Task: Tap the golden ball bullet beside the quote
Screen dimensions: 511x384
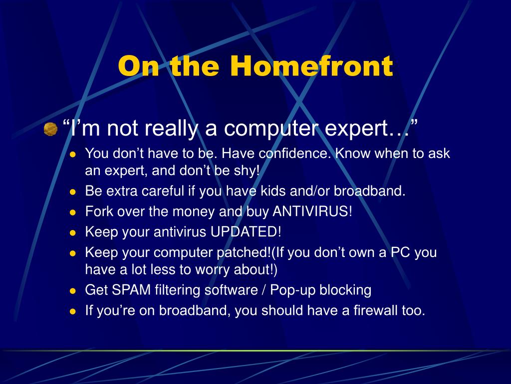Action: tap(50, 129)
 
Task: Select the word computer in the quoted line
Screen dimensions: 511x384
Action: tap(270, 128)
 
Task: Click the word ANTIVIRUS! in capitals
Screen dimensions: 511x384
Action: tap(312, 211)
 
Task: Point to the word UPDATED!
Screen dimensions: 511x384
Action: tap(246, 232)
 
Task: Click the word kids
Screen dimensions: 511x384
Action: tap(272, 190)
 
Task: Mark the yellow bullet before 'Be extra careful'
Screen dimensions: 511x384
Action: tap(73, 192)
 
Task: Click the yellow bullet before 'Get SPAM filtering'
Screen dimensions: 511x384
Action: tap(73, 291)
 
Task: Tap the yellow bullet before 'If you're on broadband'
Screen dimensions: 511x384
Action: tap(73, 311)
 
